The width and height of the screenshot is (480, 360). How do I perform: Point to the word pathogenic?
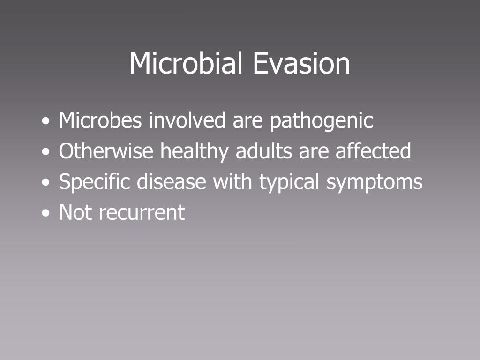[321, 121]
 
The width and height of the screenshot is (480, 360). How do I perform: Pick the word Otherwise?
[106, 151]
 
